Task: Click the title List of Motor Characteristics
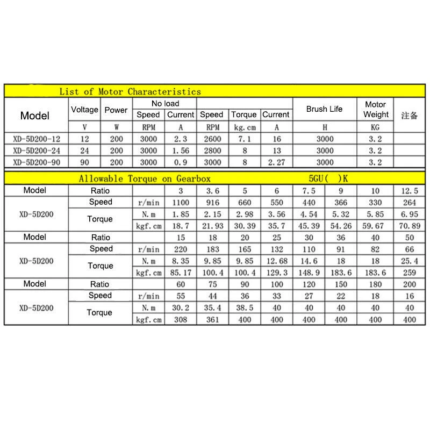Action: click(x=130, y=91)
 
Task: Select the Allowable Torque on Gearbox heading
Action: click(x=145, y=179)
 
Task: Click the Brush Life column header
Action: click(x=324, y=109)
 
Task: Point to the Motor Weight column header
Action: click(x=376, y=109)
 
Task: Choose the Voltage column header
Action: click(x=84, y=110)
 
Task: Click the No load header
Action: click(x=165, y=103)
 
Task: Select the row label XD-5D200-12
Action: click(x=37, y=139)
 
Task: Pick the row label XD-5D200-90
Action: click(x=37, y=162)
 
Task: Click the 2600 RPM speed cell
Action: click(x=212, y=139)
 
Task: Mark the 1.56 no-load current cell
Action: click(x=180, y=150)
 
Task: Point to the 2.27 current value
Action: click(x=276, y=162)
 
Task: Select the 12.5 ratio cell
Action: click(x=410, y=191)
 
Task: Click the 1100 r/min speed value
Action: click(x=181, y=203)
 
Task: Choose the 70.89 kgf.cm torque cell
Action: click(x=410, y=226)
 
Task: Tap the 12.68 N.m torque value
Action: click(x=276, y=261)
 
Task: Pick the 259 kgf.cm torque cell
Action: click(x=410, y=273)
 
